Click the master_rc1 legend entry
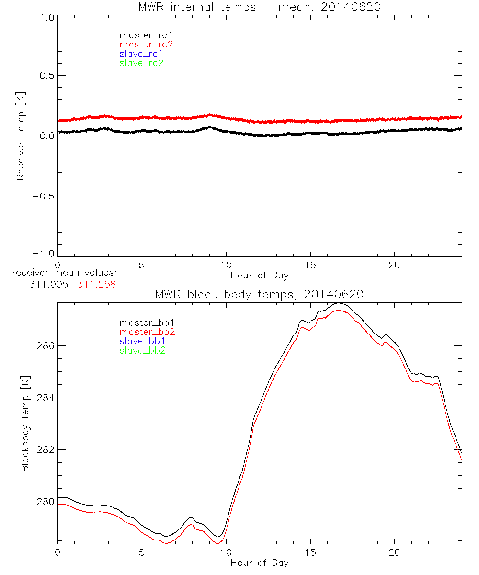pyautogui.click(x=142, y=35)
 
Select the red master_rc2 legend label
pyautogui.click(x=146, y=45)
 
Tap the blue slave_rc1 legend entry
pyautogui.click(x=142, y=54)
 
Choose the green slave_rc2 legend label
pyautogui.click(x=142, y=63)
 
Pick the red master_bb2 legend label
pyautogui.click(x=144, y=332)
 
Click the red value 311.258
pyautogui.click(x=97, y=284)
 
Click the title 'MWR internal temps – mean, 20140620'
pyautogui.click(x=260, y=7)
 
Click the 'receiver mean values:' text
pyautogui.click(x=65, y=273)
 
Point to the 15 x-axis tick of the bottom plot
pyautogui.click(x=310, y=552)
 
